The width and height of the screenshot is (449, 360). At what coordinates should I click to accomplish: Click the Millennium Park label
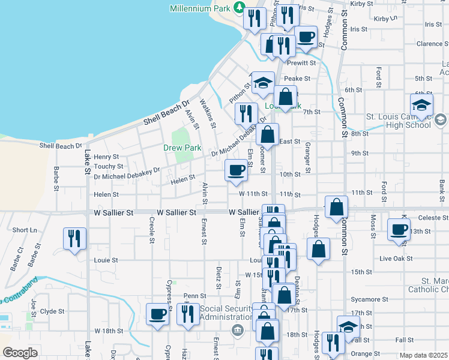[x=200, y=8]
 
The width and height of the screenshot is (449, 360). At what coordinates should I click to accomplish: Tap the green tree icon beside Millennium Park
[x=240, y=8]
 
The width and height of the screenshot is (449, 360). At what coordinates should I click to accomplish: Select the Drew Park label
[x=182, y=147]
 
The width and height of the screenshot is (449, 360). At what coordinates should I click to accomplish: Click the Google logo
[x=20, y=353]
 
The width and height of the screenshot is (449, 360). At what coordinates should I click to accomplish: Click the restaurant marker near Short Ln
[x=74, y=238]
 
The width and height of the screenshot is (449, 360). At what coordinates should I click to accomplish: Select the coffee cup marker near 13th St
[x=399, y=229]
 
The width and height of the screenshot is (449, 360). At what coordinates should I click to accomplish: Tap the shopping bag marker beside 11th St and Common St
[x=336, y=206]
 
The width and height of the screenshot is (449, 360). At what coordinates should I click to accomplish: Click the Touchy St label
[x=108, y=166]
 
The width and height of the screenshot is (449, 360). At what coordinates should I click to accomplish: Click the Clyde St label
[x=52, y=311]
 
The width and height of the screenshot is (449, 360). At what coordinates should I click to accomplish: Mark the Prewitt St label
[x=301, y=63]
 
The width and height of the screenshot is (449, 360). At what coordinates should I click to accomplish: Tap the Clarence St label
[x=429, y=44]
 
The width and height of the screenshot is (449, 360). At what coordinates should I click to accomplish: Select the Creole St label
[x=151, y=227]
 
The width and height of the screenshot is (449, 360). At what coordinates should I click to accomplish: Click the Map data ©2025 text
[x=423, y=355]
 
